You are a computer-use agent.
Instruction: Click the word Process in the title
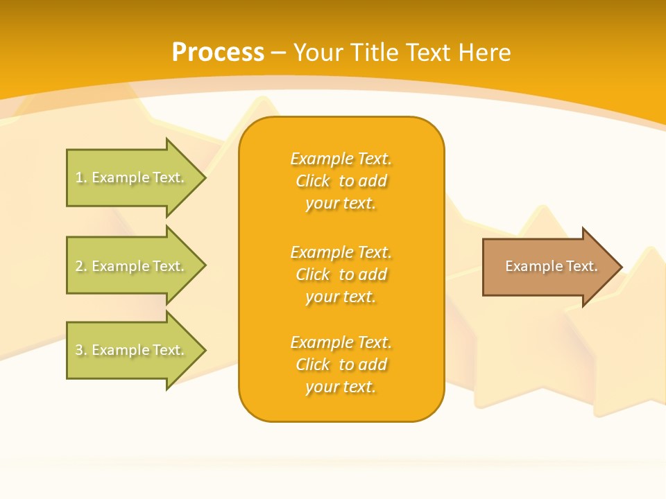(218, 53)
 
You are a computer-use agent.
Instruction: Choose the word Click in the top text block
(313, 181)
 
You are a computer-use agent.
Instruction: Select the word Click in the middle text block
(313, 274)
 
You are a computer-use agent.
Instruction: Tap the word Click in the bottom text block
(313, 365)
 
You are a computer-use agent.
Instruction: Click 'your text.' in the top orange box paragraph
(341, 203)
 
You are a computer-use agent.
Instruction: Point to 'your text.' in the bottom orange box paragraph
(341, 387)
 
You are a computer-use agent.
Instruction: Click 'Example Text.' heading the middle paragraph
(341, 252)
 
